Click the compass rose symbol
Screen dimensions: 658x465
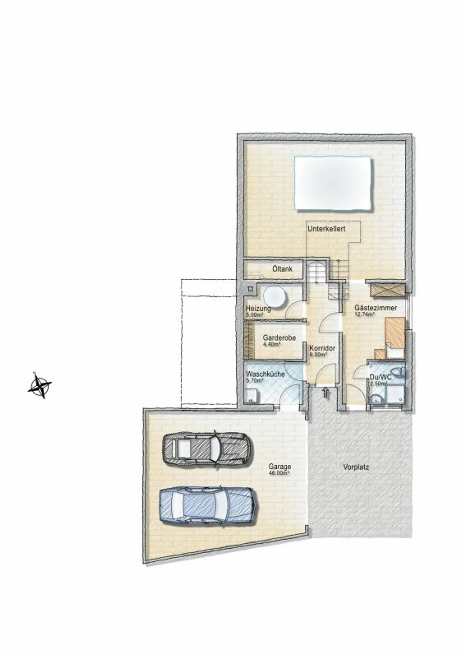point(40,386)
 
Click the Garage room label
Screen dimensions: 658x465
point(280,467)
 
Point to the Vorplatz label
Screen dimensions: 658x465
point(356,467)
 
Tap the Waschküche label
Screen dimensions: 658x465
point(265,374)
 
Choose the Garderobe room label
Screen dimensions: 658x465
point(279,338)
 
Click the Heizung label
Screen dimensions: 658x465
point(258,308)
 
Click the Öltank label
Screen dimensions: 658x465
point(282,269)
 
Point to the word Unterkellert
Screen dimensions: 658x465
point(326,229)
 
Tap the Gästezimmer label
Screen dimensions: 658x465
point(376,308)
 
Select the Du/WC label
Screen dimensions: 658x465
point(381,377)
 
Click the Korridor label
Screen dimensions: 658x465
point(322,349)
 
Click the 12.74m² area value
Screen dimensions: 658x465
point(364,314)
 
